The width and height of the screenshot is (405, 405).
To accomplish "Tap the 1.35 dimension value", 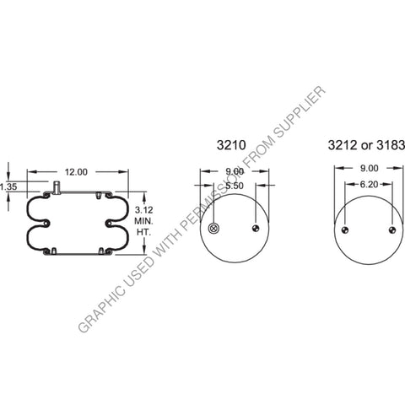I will point(9,186).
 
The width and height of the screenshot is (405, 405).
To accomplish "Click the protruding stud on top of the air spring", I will point(55,186).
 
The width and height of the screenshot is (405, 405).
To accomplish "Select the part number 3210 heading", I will point(229,146).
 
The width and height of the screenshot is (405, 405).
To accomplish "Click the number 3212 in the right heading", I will point(341,146).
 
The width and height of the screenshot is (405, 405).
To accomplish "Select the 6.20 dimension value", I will point(368,183).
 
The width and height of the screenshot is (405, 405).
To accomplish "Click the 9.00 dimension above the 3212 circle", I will point(368,169).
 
